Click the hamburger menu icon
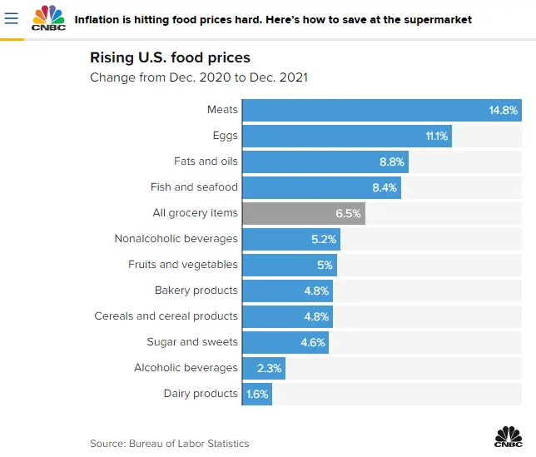(11, 18)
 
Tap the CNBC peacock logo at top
(47, 17)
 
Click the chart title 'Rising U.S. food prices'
(170, 57)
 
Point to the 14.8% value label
(504, 110)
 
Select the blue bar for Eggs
(346, 136)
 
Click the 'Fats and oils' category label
(206, 161)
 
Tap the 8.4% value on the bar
(385, 187)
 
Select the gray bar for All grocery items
(304, 213)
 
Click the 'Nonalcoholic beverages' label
(176, 239)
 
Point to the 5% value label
(324, 265)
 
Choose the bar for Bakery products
(287, 291)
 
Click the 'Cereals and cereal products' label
(166, 316)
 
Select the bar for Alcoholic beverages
(263, 368)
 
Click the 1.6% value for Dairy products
(257, 394)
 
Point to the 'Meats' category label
(222, 110)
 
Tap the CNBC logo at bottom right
(508, 438)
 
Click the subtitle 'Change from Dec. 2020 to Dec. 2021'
(198, 78)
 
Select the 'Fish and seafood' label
(194, 187)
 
